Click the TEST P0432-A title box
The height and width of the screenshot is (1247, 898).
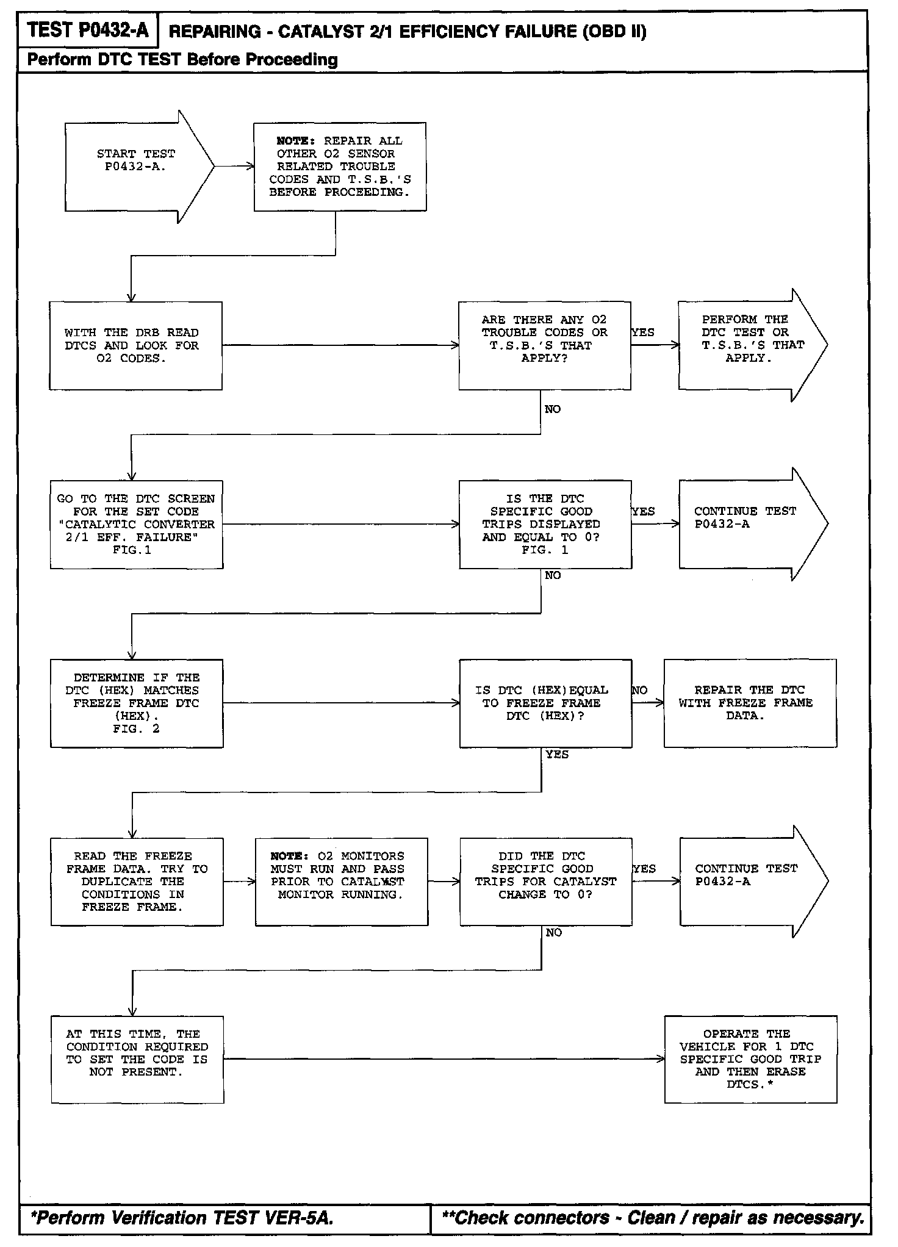pos(88,30)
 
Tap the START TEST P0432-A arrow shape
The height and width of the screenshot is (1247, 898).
pos(135,167)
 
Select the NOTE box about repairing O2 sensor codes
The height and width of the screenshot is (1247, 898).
pos(340,167)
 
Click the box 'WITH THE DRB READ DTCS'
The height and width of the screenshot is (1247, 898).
pos(135,345)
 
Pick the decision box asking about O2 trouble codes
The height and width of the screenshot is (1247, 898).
pos(544,345)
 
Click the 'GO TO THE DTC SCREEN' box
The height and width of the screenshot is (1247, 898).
pos(136,524)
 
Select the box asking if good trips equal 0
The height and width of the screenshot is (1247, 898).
pos(545,524)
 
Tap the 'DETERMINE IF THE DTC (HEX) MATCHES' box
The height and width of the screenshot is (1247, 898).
pos(136,703)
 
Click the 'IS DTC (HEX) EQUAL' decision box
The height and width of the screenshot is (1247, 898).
pos(545,703)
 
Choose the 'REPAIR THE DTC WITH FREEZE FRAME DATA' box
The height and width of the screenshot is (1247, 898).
pos(750,703)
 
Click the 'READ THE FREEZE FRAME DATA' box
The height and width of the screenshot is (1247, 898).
pos(137,882)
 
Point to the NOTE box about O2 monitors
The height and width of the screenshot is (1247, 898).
pos(341,882)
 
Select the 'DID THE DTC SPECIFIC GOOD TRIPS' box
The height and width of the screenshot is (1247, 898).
pos(545,882)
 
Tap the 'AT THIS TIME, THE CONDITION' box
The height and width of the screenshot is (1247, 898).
pos(137,1060)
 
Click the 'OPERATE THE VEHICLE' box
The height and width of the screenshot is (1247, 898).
pos(750,1060)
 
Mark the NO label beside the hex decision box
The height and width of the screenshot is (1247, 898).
pos(640,691)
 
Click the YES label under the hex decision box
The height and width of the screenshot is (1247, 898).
pos(557,755)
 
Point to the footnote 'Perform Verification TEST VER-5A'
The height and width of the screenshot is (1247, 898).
pos(183,1218)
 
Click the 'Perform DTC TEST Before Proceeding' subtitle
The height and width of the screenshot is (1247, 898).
pos(183,60)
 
